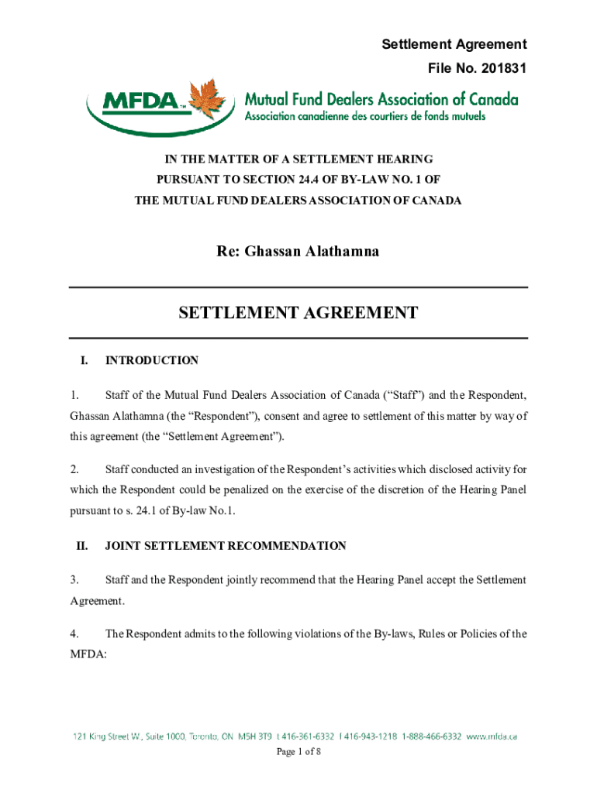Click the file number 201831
click(x=501, y=69)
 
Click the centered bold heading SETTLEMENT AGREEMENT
click(x=298, y=313)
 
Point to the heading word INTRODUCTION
click(x=152, y=360)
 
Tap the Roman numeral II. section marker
click(x=81, y=546)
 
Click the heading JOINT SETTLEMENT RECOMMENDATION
click(x=226, y=546)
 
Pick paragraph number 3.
click(x=74, y=579)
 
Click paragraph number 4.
click(x=74, y=633)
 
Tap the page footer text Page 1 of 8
click(x=298, y=751)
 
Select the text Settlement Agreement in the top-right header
click(x=454, y=44)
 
